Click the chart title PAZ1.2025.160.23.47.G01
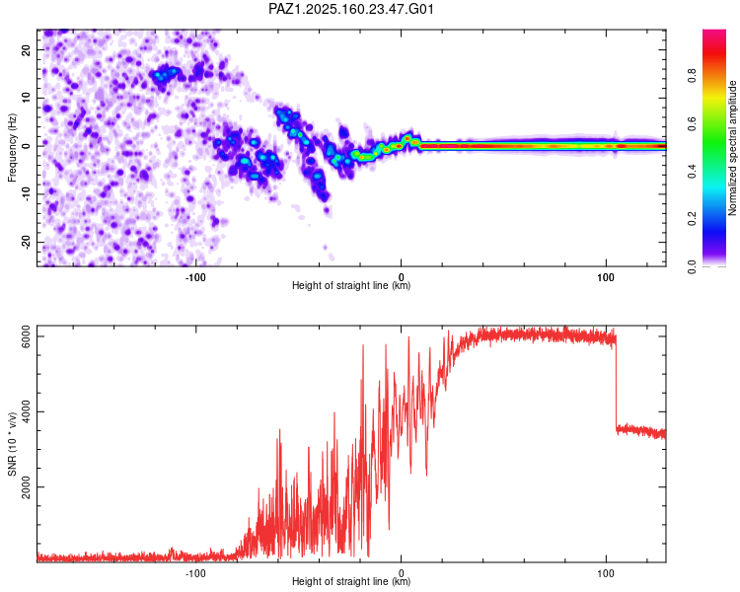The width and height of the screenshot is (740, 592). tap(350, 9)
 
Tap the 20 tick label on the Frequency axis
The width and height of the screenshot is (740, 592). tap(26, 49)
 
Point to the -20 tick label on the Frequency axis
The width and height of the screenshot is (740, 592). tap(26, 242)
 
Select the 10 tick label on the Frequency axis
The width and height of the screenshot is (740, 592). tap(26, 98)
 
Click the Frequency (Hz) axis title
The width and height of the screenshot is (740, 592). tap(12, 148)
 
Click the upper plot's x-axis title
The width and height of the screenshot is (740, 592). tap(351, 285)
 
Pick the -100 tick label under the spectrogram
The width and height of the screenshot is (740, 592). tap(195, 277)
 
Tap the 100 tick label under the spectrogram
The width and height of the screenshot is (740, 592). tap(606, 277)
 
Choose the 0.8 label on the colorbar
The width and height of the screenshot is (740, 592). tap(692, 75)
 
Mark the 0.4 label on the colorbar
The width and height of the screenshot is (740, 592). tap(692, 172)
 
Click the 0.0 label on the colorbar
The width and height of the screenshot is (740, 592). tap(692, 266)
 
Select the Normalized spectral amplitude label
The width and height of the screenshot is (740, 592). tap(732, 148)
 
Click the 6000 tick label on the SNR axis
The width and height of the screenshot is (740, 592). tap(26, 336)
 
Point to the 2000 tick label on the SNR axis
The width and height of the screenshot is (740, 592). tap(26, 486)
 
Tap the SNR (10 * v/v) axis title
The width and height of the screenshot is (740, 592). tap(12, 444)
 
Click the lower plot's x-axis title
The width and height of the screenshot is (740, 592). tap(351, 581)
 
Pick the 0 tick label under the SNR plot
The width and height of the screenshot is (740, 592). tap(402, 573)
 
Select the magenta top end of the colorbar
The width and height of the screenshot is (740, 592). tap(714, 33)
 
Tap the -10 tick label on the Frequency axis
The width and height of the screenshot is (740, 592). tap(26, 194)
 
